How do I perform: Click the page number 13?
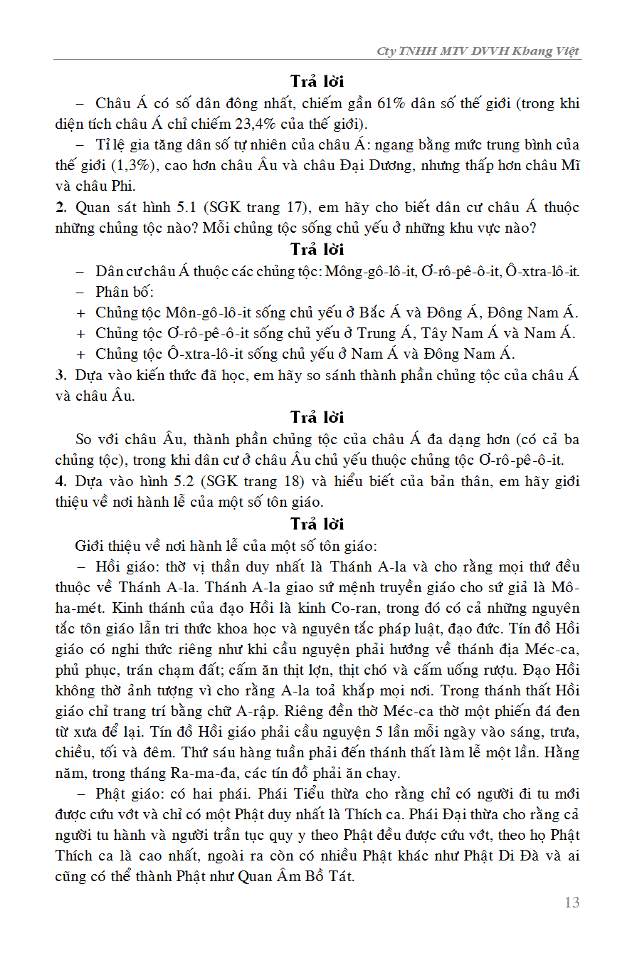coord(572,903)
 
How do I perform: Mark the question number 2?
coord(59,207)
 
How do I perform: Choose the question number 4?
coord(59,480)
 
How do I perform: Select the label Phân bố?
coord(125,292)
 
